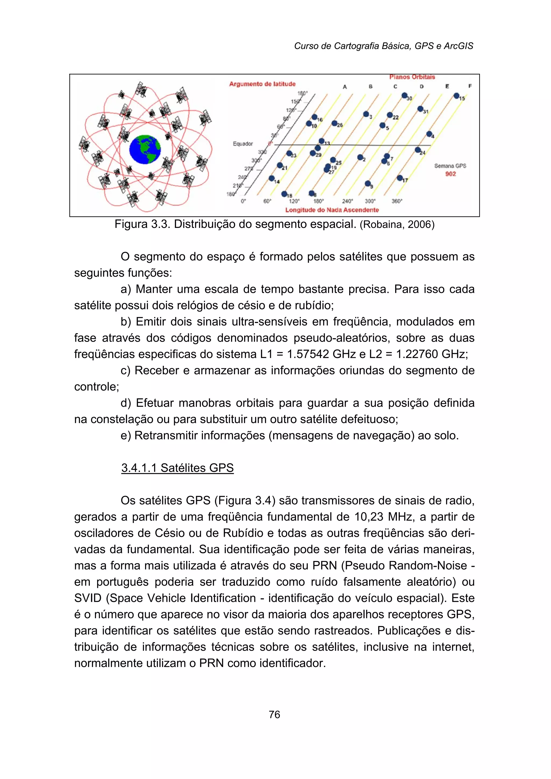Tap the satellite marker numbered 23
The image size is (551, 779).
pos(289,153)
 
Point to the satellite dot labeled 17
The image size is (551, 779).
pos(400,178)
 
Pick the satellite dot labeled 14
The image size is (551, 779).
pos(272,178)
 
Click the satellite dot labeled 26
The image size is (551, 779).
pos(334,123)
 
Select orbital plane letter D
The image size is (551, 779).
pos(421,87)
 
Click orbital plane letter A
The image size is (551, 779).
pos(345,87)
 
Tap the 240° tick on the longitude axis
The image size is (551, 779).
pos(347,201)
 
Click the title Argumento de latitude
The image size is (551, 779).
pos(262,84)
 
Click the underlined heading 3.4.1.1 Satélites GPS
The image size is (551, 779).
pos(178,468)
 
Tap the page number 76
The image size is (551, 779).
pos(274,714)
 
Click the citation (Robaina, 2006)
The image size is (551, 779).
pos(397,225)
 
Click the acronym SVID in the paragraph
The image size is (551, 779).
pos(88,598)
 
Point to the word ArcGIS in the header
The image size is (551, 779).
pos(458,46)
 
